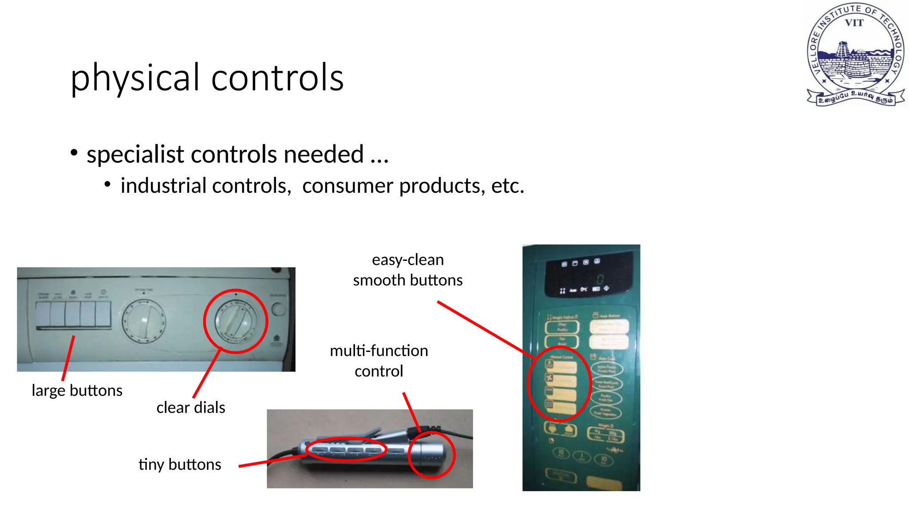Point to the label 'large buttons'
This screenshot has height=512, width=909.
coord(77,391)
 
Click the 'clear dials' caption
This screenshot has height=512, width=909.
coord(191,408)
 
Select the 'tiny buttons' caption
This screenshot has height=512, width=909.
coord(180,464)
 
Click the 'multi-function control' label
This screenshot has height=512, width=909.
coord(379,361)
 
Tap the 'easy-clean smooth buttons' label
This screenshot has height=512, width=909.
coord(407,270)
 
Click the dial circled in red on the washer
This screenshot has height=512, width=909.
coord(236,321)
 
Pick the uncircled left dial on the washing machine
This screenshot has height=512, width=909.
coord(144,320)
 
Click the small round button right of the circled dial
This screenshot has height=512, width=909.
coord(278,309)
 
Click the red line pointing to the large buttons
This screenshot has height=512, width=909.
coord(68,358)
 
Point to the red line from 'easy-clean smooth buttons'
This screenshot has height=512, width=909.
coord(486,330)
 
